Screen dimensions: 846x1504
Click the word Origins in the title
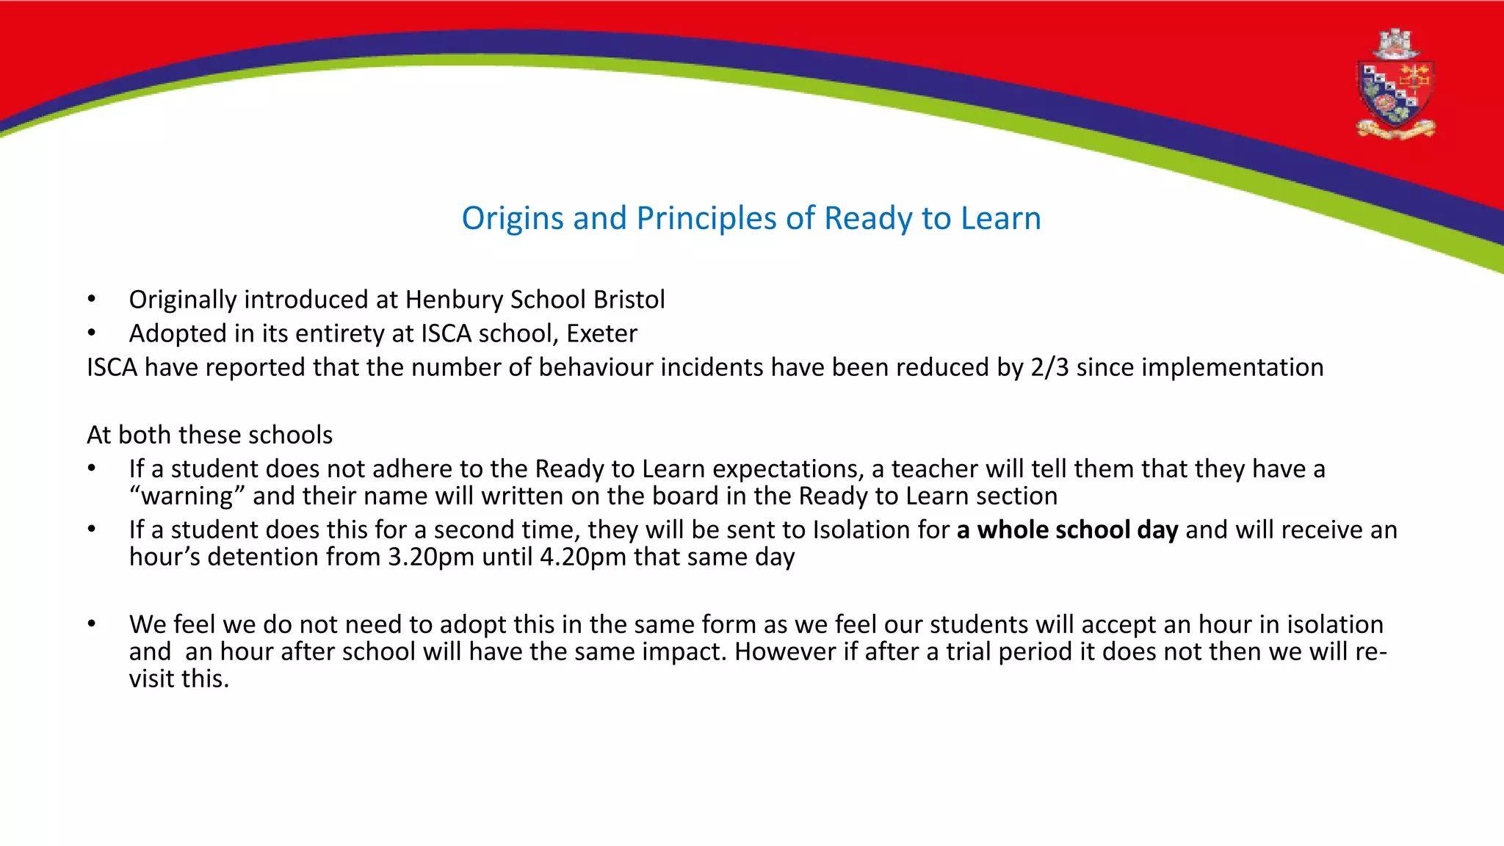pyautogui.click(x=513, y=219)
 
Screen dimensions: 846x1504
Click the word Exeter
pyautogui.click(x=601, y=333)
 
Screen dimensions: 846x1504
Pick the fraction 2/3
pyautogui.click(x=1049, y=367)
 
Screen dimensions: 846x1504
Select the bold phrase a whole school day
pyautogui.click(x=1067, y=530)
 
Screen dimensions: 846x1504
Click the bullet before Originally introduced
pyautogui.click(x=91, y=300)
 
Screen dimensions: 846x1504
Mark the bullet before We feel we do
pyautogui.click(x=91, y=624)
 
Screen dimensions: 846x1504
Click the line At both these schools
pyautogui.click(x=209, y=435)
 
